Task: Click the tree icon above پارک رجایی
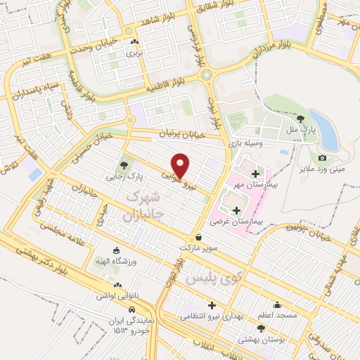pyautogui.click(x=124, y=165)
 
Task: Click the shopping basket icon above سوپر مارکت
pyautogui.click(x=200, y=238)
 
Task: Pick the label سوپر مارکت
pyautogui.click(x=200, y=250)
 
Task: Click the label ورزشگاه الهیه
pyautogui.click(x=117, y=262)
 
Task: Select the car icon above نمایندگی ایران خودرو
pyautogui.click(x=131, y=309)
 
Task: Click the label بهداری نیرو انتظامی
pyautogui.click(x=211, y=316)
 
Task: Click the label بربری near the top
pyautogui.click(x=134, y=53)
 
